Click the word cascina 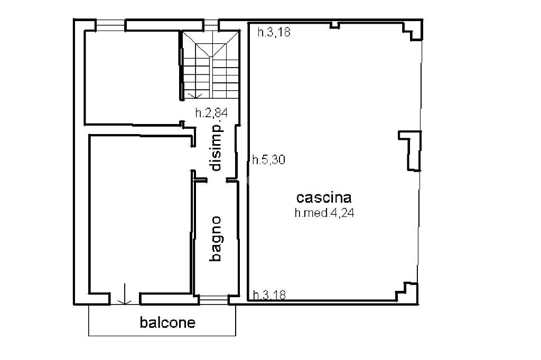point(324,198)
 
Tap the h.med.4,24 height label point(324,213)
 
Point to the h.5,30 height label point(269,159)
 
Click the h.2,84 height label point(211,113)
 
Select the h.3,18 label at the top point(274,32)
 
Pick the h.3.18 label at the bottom point(269,295)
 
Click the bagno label point(216,239)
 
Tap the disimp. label point(216,147)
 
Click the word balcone point(167,323)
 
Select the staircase point(211,65)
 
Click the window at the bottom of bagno point(213,300)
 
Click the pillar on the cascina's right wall point(411,150)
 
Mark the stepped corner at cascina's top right point(413,31)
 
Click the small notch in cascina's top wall point(334,25)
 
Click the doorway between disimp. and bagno point(216,180)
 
